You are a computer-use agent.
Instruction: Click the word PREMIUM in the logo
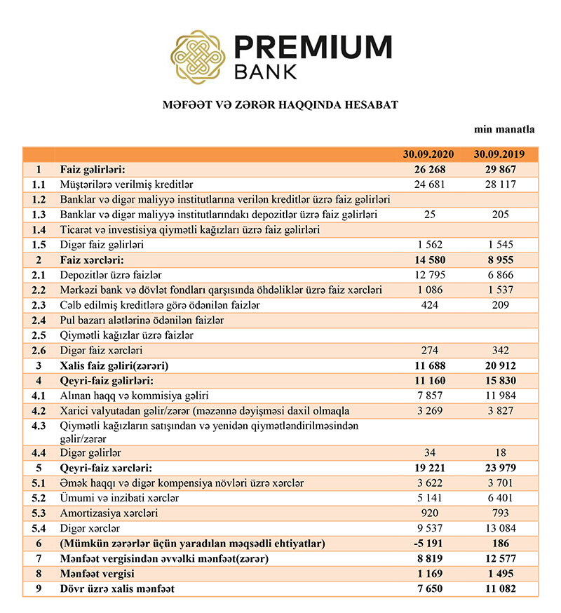point(312,47)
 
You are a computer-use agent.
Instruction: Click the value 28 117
point(500,184)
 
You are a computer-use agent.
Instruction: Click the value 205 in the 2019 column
point(500,215)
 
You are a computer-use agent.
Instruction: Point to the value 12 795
point(430,275)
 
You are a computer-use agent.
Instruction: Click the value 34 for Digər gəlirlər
point(430,453)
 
